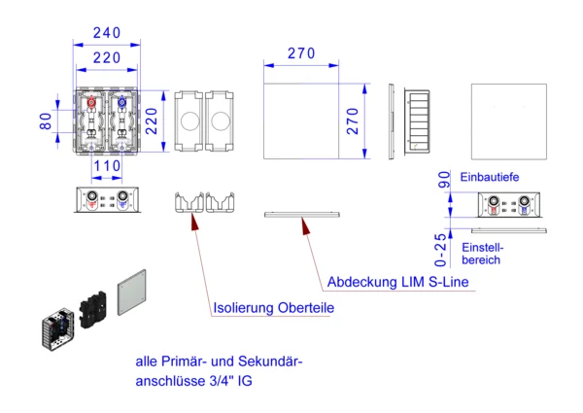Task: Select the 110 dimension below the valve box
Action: click(107, 166)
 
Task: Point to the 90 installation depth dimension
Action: click(443, 180)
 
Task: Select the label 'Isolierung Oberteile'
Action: click(273, 308)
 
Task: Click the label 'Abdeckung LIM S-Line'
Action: click(397, 283)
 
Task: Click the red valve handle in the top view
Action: click(90, 101)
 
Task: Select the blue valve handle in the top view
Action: click(123, 101)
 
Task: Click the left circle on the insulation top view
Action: click(188, 121)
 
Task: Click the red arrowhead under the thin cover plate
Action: click(306, 227)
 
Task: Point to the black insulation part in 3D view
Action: click(94, 309)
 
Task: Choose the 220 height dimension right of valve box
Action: click(152, 121)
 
